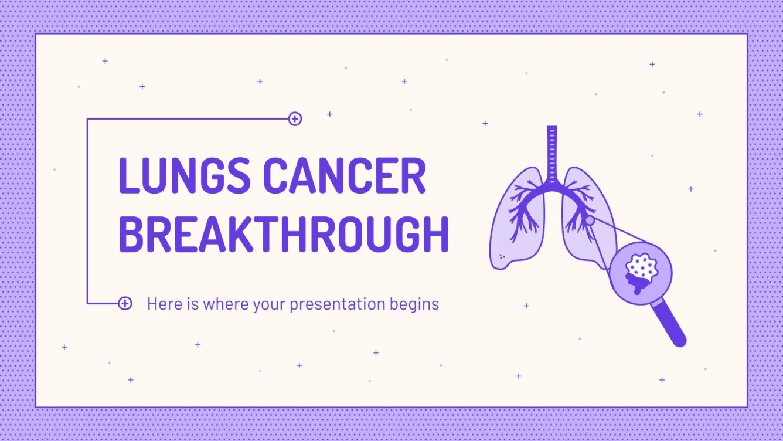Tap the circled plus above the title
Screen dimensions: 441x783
click(x=295, y=119)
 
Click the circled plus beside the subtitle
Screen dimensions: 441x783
click(x=125, y=303)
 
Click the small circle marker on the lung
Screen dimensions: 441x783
click(x=590, y=220)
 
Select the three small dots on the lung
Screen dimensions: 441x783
click(x=502, y=257)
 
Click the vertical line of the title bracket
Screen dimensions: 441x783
click(x=87, y=211)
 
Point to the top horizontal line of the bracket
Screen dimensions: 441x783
click(x=188, y=119)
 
